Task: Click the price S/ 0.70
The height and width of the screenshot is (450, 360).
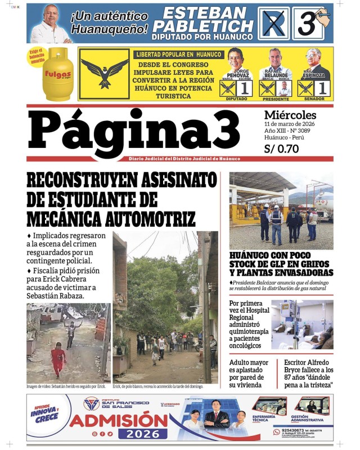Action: click(281, 149)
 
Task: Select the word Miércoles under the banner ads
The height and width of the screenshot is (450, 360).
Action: click(290, 115)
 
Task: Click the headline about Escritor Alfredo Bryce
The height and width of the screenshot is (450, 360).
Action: click(308, 373)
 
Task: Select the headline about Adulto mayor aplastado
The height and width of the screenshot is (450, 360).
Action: click(251, 373)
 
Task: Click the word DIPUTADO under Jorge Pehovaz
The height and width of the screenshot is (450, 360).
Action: click(236, 98)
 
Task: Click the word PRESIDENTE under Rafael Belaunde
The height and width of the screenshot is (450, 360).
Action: click(276, 98)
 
